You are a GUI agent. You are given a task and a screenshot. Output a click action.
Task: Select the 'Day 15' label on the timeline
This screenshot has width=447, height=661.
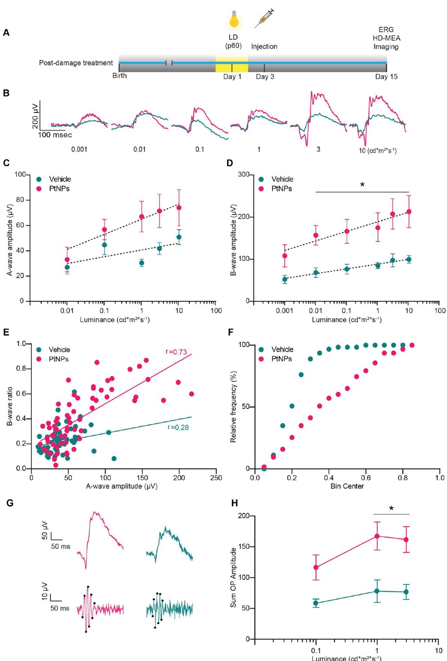tap(386, 77)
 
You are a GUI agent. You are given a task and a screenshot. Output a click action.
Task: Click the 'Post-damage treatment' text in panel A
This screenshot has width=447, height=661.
tap(76, 63)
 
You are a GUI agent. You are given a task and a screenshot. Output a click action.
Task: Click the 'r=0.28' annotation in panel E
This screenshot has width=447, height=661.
tap(175, 426)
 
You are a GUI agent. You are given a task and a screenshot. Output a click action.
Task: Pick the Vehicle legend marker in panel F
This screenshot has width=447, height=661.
tap(262, 349)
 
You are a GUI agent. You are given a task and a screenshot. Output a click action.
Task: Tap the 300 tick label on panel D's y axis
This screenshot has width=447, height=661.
tap(245, 175)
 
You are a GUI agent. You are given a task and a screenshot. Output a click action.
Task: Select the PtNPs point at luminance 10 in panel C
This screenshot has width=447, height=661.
tap(179, 208)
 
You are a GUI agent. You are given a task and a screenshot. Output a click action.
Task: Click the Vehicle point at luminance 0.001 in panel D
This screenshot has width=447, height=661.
tap(285, 279)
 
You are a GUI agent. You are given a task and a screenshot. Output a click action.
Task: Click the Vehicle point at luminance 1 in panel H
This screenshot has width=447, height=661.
tap(377, 591)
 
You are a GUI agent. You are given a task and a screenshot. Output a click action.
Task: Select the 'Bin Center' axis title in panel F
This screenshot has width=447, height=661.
tap(347, 486)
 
